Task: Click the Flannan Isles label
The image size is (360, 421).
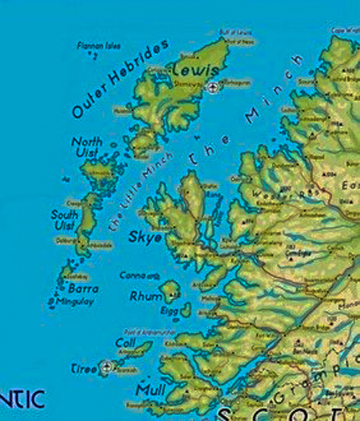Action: (98, 46)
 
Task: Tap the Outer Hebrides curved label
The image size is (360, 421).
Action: (120, 78)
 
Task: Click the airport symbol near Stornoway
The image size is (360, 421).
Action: (213, 86)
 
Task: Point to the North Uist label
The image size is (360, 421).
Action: (87, 148)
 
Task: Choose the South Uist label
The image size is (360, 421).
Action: (64, 220)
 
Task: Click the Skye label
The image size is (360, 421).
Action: (145, 237)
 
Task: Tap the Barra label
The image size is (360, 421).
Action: (83, 288)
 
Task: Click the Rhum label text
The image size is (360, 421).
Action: (146, 296)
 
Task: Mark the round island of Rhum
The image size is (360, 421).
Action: (169, 290)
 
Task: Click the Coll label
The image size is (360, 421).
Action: (125, 342)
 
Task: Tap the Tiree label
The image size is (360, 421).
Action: (86, 368)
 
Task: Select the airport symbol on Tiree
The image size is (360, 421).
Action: (106, 366)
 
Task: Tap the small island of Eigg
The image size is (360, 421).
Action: (185, 309)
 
